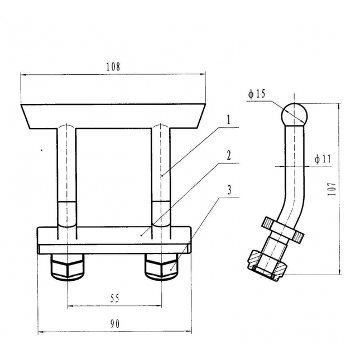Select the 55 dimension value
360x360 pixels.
[x=114, y=299]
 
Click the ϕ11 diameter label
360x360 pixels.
[x=323, y=159]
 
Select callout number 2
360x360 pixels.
[x=228, y=155]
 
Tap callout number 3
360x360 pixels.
[x=228, y=189]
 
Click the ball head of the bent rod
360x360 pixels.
[x=294, y=113]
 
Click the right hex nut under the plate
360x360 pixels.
[x=161, y=267]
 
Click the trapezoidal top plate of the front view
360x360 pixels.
[x=111, y=115]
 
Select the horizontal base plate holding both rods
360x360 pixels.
[x=114, y=237]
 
